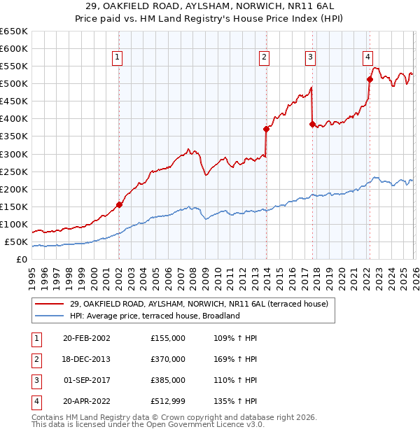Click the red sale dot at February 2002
coord(119,204)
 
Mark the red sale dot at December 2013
coord(266,129)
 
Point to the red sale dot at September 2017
coord(312,124)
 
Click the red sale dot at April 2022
coord(370,79)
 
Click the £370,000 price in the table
coord(167,359)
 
